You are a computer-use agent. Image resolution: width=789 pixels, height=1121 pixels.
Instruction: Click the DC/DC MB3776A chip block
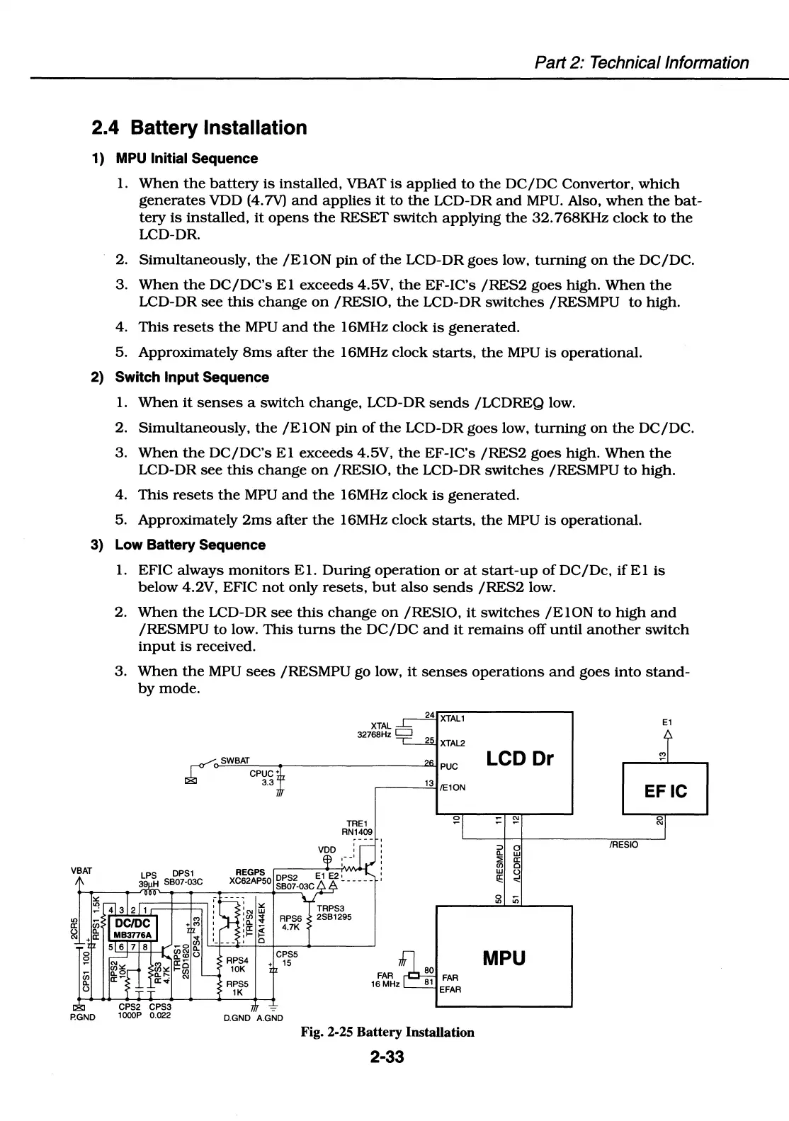click(x=132, y=927)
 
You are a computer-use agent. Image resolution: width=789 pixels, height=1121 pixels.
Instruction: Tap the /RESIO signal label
click(x=623, y=845)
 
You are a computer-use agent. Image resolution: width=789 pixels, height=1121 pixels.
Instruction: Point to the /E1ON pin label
click(x=453, y=787)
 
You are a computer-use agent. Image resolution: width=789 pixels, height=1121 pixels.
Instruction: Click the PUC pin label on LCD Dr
click(x=449, y=766)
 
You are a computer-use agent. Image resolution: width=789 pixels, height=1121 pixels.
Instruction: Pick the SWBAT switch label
click(x=235, y=761)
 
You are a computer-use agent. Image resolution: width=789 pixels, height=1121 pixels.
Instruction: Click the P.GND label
click(x=82, y=1018)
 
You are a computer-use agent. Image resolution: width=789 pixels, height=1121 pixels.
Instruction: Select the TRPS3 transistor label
click(x=331, y=909)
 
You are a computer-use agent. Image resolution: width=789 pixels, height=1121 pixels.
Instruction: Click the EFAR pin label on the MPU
click(x=450, y=989)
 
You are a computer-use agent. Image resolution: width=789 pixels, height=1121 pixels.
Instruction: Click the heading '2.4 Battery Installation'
click(x=199, y=128)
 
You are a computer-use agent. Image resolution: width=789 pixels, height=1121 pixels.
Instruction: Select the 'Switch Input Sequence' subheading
click(x=191, y=377)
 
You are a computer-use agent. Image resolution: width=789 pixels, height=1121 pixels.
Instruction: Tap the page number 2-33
click(x=387, y=1057)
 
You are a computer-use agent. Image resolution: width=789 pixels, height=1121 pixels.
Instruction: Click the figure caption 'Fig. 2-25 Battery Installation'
click(x=387, y=1032)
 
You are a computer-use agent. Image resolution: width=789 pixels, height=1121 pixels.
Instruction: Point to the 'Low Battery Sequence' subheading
click(x=190, y=545)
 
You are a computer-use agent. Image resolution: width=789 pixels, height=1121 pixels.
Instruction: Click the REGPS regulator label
click(x=250, y=872)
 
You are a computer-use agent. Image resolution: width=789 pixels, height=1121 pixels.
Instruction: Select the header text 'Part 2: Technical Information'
click(x=641, y=62)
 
